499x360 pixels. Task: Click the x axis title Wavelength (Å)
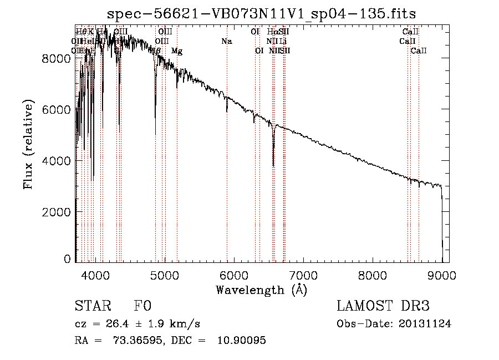click(x=261, y=290)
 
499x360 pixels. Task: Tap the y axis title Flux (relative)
click(x=28, y=144)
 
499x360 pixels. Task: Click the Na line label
click(x=226, y=42)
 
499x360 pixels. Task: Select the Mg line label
click(x=177, y=51)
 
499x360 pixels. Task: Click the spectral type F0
click(x=142, y=307)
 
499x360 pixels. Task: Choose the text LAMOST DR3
click(x=383, y=307)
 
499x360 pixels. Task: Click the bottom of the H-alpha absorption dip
click(x=273, y=165)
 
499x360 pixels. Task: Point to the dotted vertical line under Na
click(x=227, y=166)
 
